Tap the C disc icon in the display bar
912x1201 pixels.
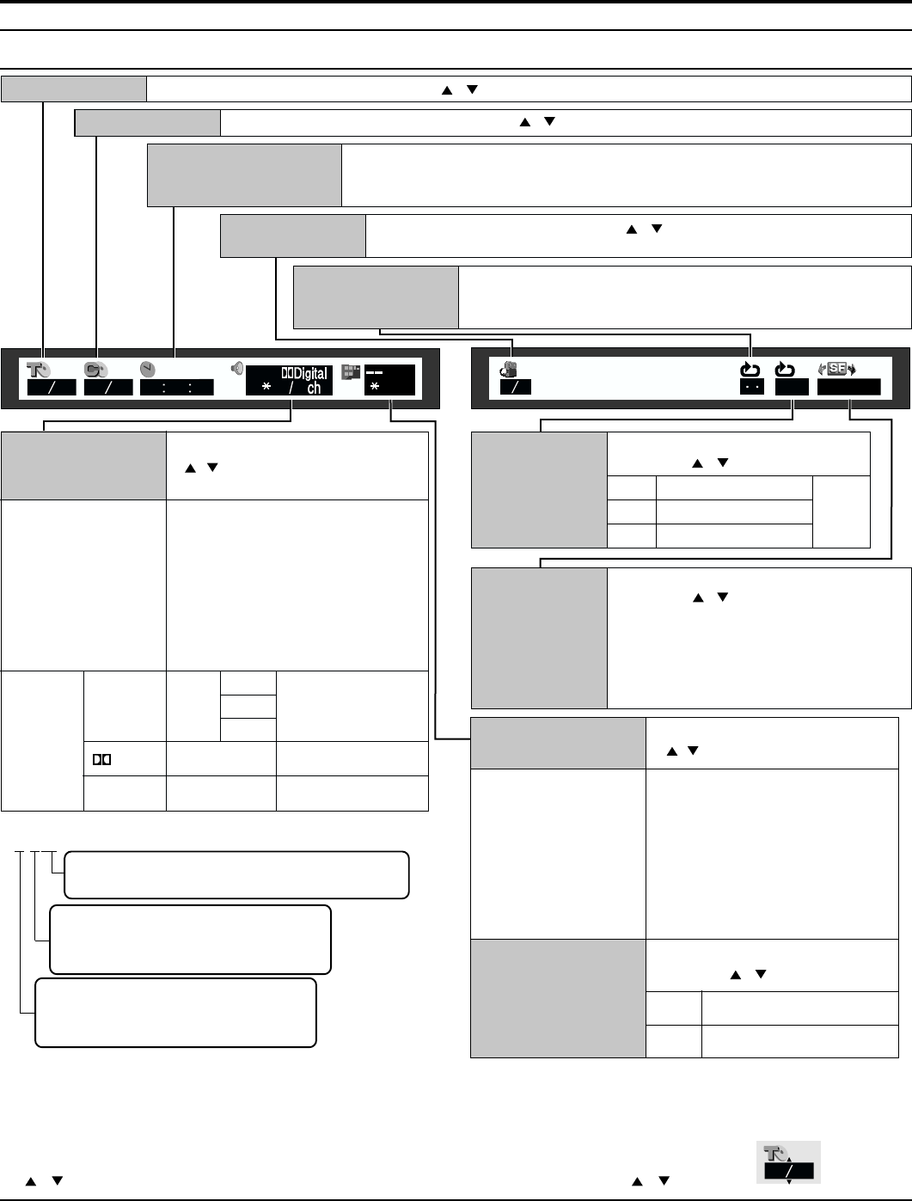[x=95, y=370]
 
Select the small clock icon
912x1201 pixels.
[x=147, y=369]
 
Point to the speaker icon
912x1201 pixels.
[x=236, y=369]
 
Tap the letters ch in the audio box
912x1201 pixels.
[x=315, y=388]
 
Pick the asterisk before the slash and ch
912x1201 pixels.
[x=266, y=388]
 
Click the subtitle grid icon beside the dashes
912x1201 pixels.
[x=350, y=371]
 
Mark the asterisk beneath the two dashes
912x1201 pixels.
[x=375, y=388]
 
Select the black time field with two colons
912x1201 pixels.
[x=177, y=388]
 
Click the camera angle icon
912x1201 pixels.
[x=510, y=370]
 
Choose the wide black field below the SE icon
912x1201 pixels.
[x=848, y=388]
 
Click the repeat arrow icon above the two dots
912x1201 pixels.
[x=751, y=370]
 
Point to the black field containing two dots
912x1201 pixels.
[x=752, y=388]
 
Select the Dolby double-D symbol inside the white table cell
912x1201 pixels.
[x=103, y=759]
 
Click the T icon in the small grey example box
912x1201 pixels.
[x=777, y=1154]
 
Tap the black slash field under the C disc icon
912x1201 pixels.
[x=108, y=388]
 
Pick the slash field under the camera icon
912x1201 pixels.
[x=516, y=388]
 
